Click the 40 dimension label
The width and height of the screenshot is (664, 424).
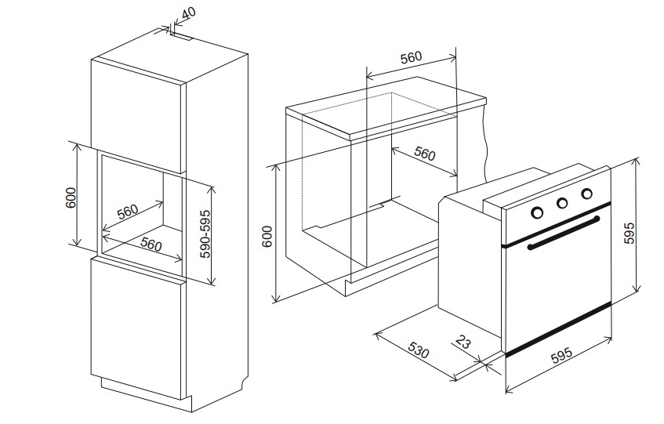[189, 13]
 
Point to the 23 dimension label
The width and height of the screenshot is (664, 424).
[463, 341]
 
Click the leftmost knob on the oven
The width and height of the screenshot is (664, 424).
[537, 212]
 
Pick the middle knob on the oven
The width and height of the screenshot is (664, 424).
[562, 204]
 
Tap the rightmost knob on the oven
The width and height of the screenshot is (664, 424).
[586, 194]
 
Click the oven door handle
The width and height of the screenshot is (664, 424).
[564, 232]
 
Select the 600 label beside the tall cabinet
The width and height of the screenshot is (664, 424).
[71, 198]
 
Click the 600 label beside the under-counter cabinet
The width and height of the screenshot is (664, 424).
[267, 236]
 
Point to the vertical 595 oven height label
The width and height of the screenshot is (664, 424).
[630, 233]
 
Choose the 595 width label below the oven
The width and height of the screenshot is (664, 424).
[561, 356]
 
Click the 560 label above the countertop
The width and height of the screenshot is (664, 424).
[412, 57]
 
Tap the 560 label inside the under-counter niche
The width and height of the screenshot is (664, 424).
[424, 154]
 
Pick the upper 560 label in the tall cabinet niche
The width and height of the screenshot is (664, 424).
[128, 212]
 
